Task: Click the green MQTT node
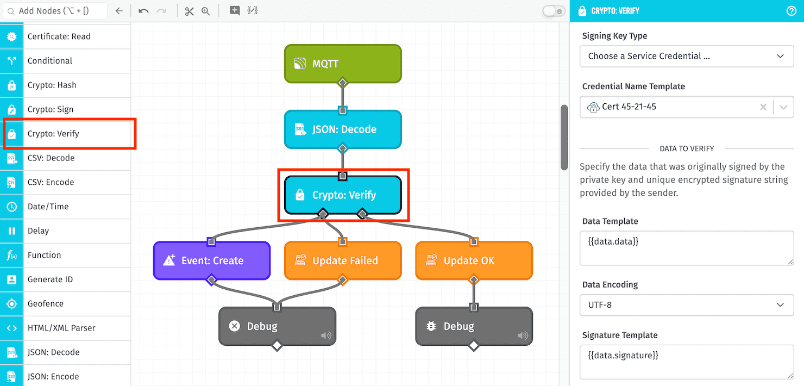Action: pos(343,64)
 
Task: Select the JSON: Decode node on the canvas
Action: pos(343,129)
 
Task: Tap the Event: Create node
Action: pos(212,261)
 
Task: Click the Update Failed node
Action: pos(343,261)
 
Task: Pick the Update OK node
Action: pos(474,261)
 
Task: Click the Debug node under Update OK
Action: pos(474,326)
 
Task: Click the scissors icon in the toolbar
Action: pos(189,11)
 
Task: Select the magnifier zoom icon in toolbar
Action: pos(206,11)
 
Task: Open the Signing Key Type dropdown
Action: pos(687,56)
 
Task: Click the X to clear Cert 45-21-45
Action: pos(763,107)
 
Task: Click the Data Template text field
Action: pos(687,248)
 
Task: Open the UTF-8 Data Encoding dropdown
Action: pos(687,305)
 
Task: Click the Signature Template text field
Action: pos(687,362)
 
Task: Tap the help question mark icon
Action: pos(792,11)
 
